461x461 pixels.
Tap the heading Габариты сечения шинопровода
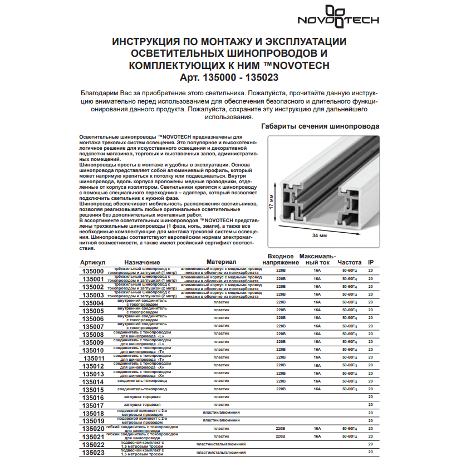(x=320, y=126)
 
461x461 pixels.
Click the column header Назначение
(x=142, y=262)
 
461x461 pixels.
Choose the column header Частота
(x=349, y=261)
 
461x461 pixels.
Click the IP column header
(x=371, y=261)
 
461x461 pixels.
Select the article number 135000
(x=93, y=271)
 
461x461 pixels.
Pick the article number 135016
(x=93, y=398)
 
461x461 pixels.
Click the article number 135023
(x=93, y=453)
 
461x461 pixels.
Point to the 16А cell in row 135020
(x=317, y=428)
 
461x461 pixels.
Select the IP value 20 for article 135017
(x=371, y=405)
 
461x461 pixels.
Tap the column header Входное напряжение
(x=277, y=258)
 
